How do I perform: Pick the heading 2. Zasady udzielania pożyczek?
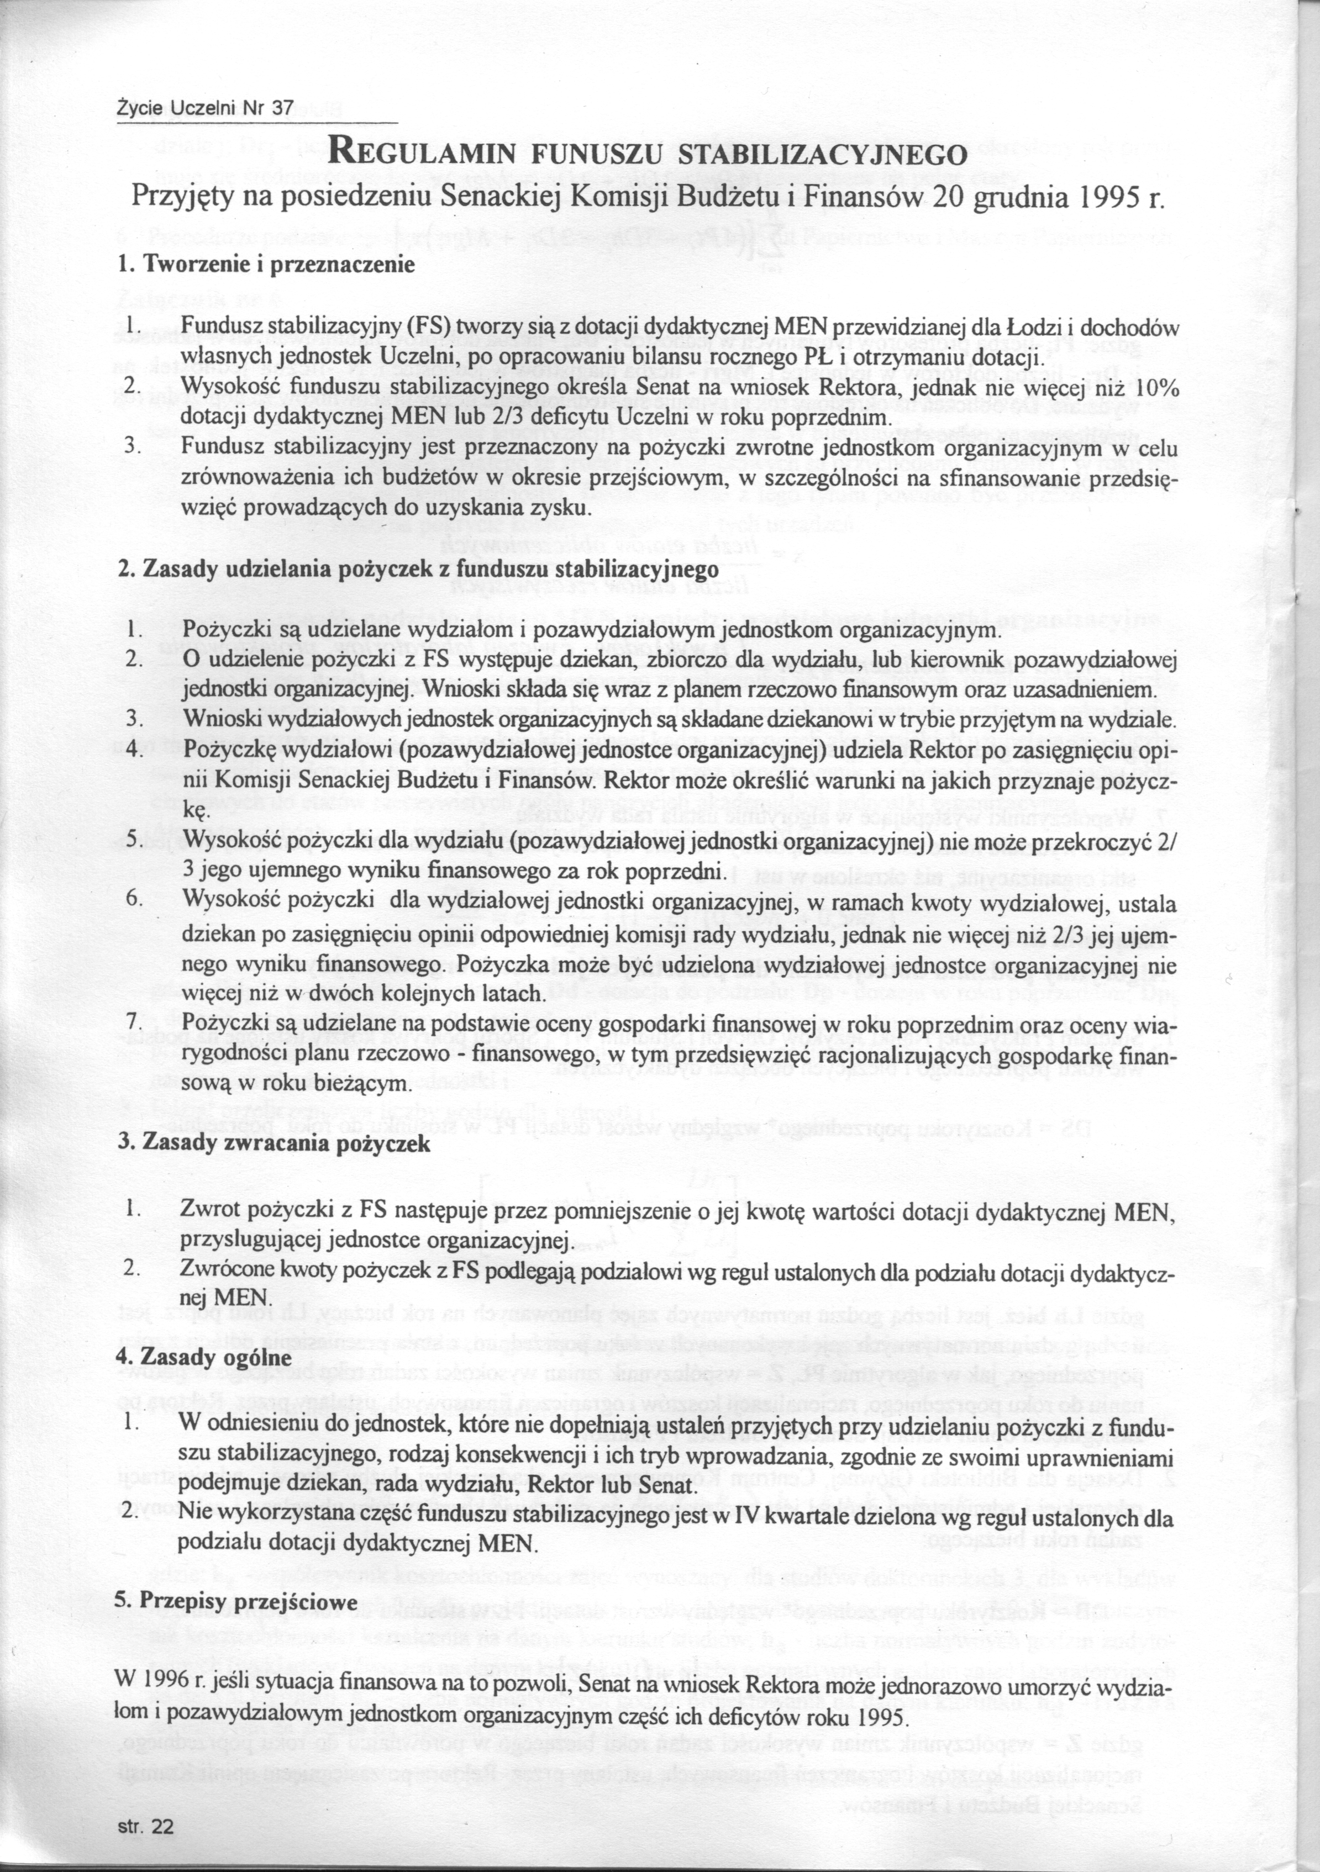pos(418,568)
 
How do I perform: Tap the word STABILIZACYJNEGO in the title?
pos(823,154)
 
